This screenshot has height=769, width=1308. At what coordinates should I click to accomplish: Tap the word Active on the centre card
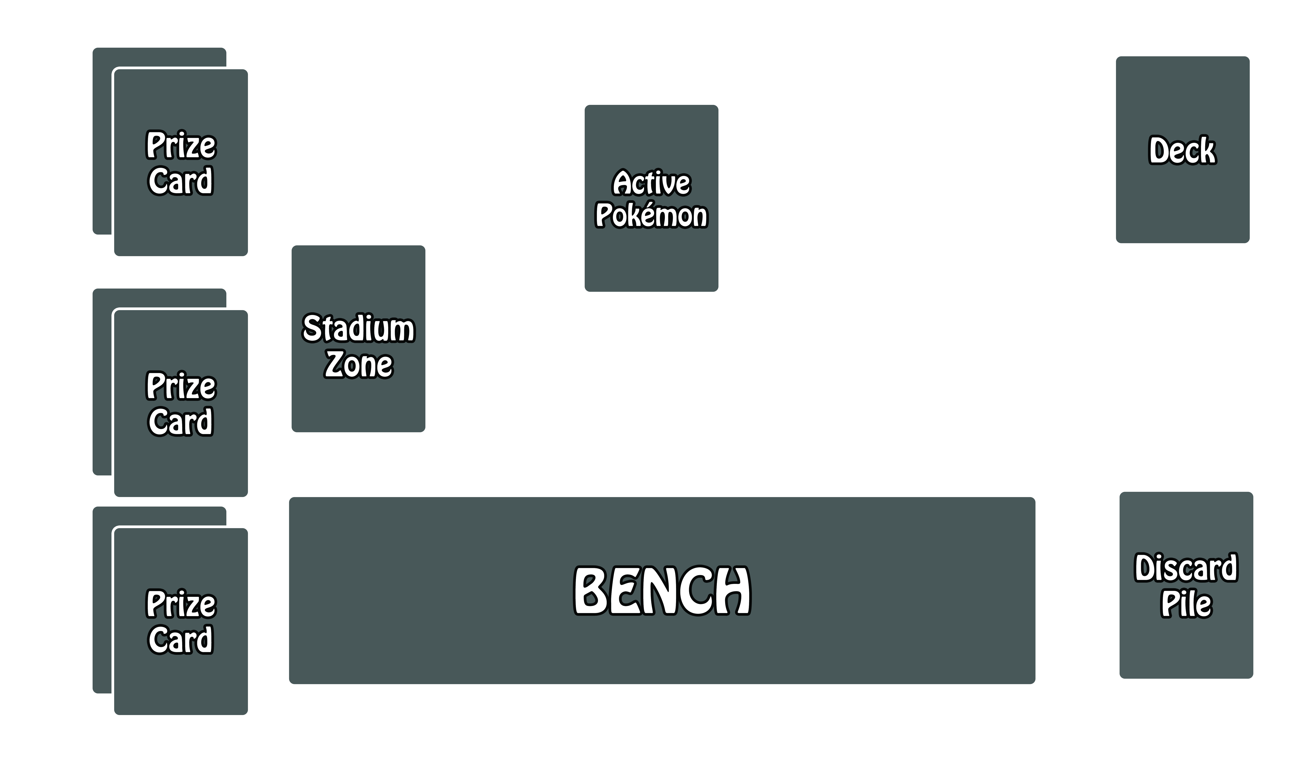(651, 183)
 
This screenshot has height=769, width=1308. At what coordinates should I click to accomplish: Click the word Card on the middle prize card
(181, 422)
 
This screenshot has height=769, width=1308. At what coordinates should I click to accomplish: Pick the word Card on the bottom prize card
(181, 640)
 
